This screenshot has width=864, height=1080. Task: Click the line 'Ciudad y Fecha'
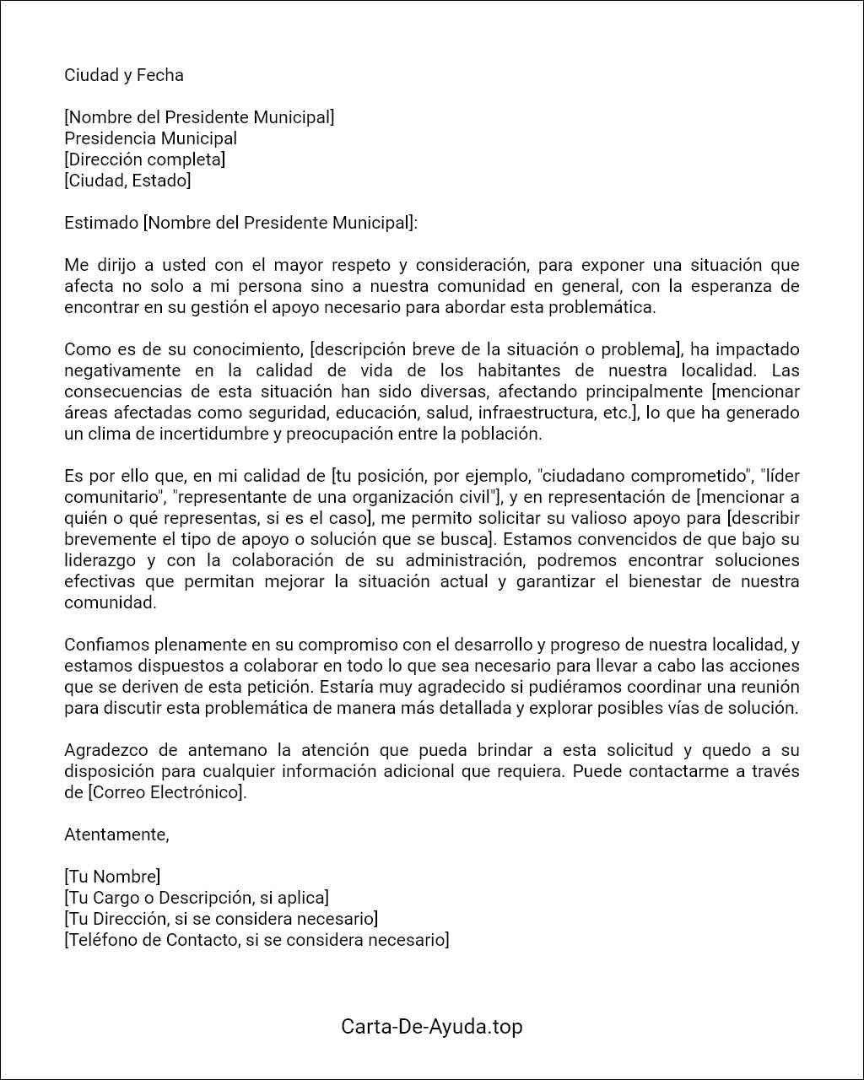tap(124, 75)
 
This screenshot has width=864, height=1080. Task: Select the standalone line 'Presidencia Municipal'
tap(151, 138)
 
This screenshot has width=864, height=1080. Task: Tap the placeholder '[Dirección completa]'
tap(145, 159)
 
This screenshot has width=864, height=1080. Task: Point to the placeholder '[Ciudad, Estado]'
tap(128, 181)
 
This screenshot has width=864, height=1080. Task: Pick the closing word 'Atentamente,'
tap(116, 834)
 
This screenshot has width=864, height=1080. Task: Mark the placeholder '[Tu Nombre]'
tap(112, 877)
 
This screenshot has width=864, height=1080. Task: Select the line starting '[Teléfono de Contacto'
tap(256, 940)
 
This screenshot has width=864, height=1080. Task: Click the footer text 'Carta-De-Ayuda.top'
tap(432, 1027)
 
